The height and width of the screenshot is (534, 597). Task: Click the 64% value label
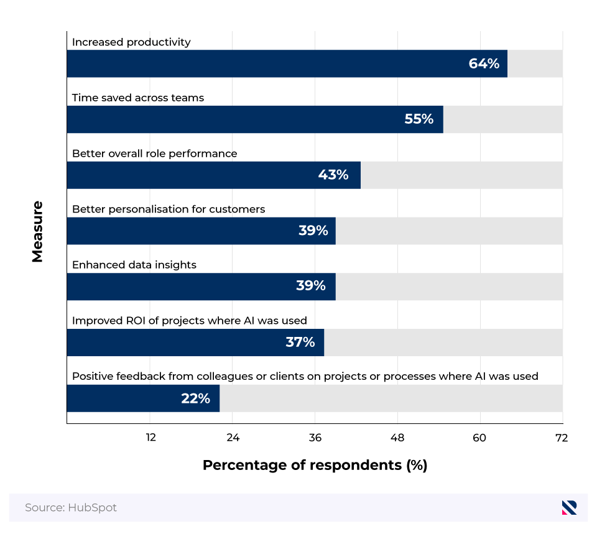click(484, 63)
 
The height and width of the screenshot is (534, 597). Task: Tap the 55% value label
click(419, 119)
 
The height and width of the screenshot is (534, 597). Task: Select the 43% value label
click(333, 175)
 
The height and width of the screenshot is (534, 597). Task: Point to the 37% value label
click(300, 343)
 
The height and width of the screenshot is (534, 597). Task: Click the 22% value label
click(195, 398)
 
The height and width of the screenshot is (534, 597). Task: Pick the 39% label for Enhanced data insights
click(311, 287)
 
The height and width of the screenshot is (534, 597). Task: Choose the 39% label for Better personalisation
click(313, 231)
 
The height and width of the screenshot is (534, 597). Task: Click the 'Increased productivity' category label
click(131, 42)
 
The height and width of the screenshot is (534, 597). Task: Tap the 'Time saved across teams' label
click(138, 98)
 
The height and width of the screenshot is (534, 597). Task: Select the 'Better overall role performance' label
click(154, 154)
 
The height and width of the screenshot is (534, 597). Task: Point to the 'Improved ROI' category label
click(190, 321)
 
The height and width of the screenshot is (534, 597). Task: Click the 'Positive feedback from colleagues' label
click(305, 377)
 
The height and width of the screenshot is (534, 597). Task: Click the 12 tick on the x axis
click(150, 438)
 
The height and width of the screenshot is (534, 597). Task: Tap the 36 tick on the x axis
click(315, 438)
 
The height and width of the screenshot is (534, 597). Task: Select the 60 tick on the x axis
click(479, 438)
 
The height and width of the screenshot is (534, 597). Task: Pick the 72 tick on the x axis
click(561, 438)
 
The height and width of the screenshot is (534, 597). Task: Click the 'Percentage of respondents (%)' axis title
click(315, 465)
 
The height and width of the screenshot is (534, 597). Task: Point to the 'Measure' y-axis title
click(37, 231)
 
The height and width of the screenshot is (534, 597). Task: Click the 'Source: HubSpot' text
click(71, 508)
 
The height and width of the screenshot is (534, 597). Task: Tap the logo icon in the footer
click(569, 508)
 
